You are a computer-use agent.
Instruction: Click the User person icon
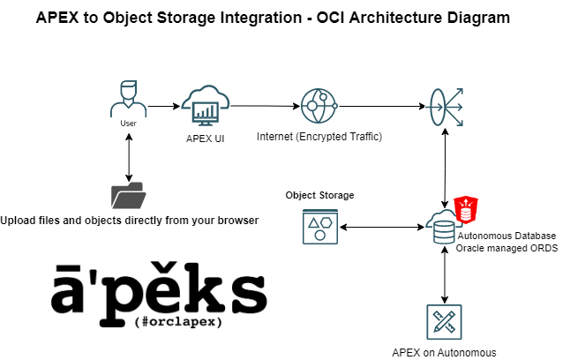[x=128, y=99]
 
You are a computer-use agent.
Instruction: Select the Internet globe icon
[x=318, y=107]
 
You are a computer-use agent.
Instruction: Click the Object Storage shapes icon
[x=319, y=227]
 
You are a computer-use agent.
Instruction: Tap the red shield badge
[x=466, y=210]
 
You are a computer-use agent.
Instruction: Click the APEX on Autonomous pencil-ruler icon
[x=444, y=322]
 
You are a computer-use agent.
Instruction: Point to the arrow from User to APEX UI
[x=161, y=107]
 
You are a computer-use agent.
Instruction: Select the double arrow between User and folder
[x=130, y=154]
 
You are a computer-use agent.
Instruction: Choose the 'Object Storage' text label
[x=319, y=194]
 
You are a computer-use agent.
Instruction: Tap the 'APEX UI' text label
[x=206, y=139]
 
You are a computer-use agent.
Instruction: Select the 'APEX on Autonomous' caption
[x=444, y=352]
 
